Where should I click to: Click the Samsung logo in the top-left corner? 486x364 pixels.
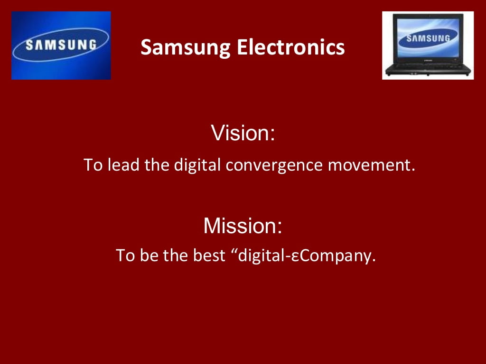61,45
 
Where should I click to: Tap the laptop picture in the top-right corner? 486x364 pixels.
428,45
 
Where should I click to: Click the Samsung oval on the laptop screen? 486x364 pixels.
428,38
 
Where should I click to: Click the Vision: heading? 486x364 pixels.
243,133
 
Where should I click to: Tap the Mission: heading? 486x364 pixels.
243,226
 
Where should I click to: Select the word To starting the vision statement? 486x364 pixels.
93,165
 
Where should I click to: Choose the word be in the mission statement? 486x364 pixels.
148,256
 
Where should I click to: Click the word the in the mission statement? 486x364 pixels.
176,256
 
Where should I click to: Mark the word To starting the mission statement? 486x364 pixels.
125,256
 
